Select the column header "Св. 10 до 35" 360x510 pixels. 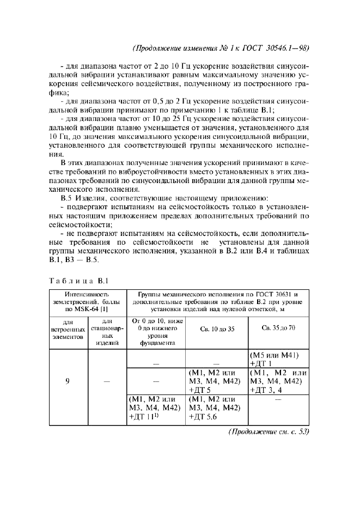coord(216,329)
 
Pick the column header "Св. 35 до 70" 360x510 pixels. coord(278,329)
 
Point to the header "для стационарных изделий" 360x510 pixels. coord(107,329)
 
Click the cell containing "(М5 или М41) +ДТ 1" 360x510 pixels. coord(278,359)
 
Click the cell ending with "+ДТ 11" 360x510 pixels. coord(155,407)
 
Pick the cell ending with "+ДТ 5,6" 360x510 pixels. coord(216,407)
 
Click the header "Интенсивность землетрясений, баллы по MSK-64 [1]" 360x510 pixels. coord(87,301)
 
